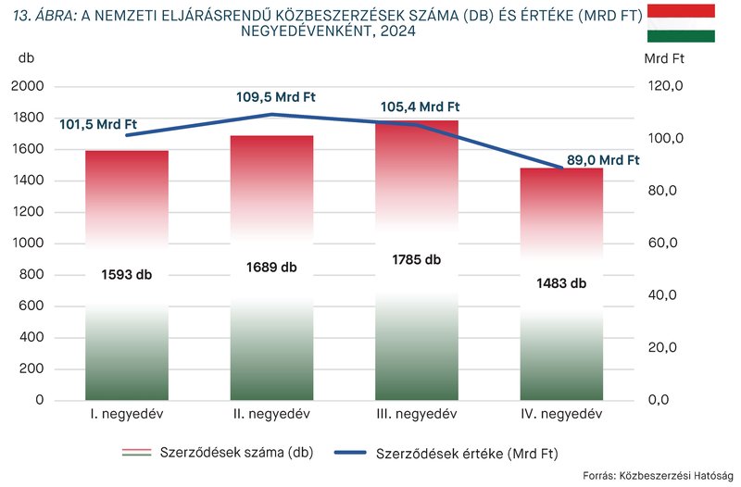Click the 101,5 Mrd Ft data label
pos(97,124)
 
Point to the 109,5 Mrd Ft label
pos(276,95)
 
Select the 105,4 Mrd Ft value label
pos(420,106)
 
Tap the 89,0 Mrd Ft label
pos(603,159)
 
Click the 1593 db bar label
pos(127,275)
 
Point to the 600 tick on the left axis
pos(33,306)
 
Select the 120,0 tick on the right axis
pos(664,86)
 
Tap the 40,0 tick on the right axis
pos(664,295)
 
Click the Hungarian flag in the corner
pos(681,22)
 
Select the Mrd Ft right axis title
pos(663,57)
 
